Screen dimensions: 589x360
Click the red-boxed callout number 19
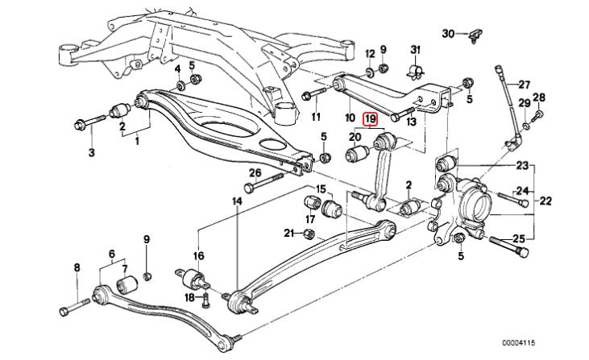coord(371,119)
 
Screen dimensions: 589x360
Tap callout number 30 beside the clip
coord(448,34)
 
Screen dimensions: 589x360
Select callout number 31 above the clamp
coord(415,50)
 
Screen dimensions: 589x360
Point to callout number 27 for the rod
coord(524,85)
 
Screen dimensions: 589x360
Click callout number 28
coord(539,97)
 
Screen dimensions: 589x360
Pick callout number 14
coord(237,201)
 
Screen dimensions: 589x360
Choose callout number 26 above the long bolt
coord(255,173)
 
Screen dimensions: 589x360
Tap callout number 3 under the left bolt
coord(92,152)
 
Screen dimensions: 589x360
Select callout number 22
coord(545,201)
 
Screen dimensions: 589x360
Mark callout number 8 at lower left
coord(77,267)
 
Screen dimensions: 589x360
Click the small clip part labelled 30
coord(475,35)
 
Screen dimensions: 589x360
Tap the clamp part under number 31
coord(416,71)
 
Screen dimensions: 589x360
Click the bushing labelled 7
coord(127,285)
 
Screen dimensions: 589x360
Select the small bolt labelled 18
coord(205,300)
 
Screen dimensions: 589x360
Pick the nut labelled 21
coord(309,233)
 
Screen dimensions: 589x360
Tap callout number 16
coord(199,256)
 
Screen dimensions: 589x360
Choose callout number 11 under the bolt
coord(317,117)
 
